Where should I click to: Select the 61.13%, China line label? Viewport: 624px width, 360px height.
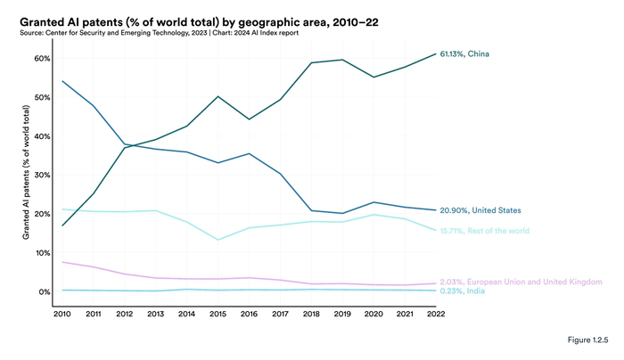point(464,54)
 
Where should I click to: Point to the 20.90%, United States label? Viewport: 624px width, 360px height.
point(480,210)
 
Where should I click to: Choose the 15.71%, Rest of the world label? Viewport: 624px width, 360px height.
point(484,231)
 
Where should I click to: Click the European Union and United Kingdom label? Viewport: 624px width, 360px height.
point(521,282)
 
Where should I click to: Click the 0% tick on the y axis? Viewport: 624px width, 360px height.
point(44,292)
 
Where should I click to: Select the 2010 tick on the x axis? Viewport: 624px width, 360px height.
point(62,314)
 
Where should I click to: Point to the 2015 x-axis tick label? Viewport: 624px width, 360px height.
point(218,314)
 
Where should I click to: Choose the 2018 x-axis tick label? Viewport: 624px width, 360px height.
point(311,314)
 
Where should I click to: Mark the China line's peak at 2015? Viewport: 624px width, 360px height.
point(218,96)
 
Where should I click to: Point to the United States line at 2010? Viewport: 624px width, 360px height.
point(62,81)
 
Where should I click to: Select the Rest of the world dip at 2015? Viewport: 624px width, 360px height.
point(218,240)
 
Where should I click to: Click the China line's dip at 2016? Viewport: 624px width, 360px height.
point(249,119)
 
